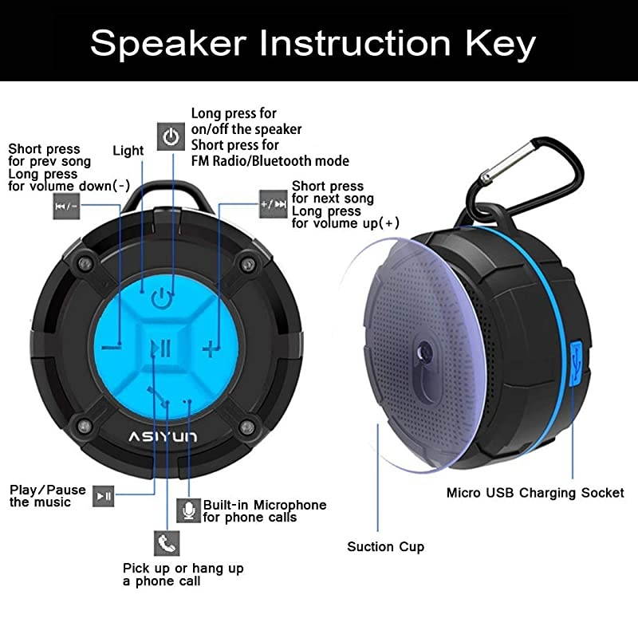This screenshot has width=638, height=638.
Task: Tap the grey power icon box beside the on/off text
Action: (x=171, y=136)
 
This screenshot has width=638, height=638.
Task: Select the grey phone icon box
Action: (x=166, y=542)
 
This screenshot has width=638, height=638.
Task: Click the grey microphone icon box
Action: (x=187, y=510)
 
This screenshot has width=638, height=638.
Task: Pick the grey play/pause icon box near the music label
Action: (x=104, y=495)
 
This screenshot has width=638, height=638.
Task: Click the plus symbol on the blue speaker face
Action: (x=210, y=348)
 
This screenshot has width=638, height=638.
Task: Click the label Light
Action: (x=128, y=151)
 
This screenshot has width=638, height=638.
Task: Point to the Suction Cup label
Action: (x=385, y=547)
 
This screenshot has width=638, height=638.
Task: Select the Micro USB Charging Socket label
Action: (x=535, y=493)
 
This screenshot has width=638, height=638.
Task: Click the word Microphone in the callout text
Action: (x=288, y=505)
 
